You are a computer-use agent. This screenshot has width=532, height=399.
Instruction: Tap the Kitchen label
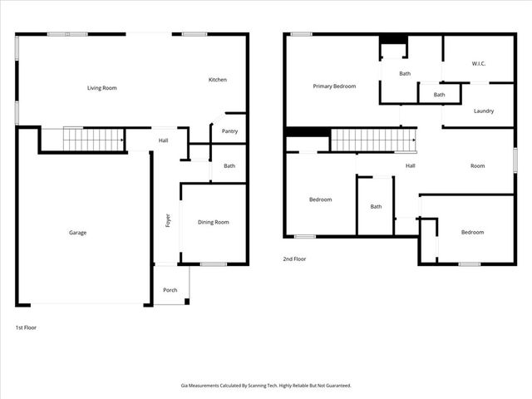coord(218,80)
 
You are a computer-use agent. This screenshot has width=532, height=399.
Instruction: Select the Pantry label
coord(229,131)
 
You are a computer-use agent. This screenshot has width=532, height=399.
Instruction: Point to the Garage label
coord(77,233)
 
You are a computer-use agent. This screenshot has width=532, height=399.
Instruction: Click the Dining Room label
coord(213,222)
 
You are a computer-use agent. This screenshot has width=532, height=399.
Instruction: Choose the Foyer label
coord(168,220)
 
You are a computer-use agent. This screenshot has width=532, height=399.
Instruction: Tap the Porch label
coord(170,290)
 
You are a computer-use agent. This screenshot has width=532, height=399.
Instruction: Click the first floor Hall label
coord(163,140)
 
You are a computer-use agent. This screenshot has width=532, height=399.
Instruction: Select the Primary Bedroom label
coord(334,86)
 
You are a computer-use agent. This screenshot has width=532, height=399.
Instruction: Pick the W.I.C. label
coord(478,64)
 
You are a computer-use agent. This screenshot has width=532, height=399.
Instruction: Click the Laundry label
coord(484,111)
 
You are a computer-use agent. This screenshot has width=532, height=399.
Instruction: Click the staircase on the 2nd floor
coord(373,140)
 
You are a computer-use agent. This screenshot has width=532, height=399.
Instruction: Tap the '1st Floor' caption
coord(26,328)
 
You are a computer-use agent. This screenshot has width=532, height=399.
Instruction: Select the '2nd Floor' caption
coord(294,259)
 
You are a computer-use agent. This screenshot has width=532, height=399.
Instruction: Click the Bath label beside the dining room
coord(229,166)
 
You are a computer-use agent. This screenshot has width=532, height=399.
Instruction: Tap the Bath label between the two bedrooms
coord(376,207)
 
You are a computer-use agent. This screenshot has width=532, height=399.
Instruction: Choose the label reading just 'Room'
coord(477,166)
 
